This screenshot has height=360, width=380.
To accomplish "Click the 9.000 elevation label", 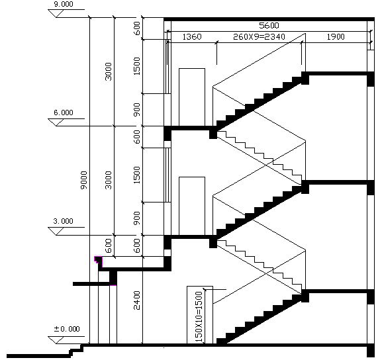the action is coord(64,5).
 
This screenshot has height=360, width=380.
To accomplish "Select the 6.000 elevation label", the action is coord(64,112).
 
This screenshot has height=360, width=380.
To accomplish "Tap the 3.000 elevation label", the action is coord(64,221).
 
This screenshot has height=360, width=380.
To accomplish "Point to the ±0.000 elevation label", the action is coord(67,329).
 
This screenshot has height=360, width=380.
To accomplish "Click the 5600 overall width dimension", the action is coord(269,25).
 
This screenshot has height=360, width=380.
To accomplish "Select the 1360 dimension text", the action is coord(192,37).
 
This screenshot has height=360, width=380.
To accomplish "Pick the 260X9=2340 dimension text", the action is coord(259,37).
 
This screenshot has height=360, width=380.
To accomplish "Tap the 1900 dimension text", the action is coord(336,37).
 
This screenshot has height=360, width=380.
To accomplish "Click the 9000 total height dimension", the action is coord(84,180).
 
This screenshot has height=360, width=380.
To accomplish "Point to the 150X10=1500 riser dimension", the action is coord(199,316).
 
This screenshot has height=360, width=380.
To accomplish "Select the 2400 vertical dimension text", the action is coord(137,300).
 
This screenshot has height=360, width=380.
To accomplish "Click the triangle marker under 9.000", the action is coord(56,13).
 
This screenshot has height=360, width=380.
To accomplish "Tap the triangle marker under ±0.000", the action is coord(56,340).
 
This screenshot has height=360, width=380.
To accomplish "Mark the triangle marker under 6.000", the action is coord(56,122).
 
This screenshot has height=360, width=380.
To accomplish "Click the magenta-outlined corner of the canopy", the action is coord(98,259).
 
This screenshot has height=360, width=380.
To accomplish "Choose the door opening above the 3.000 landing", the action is coord(192,206).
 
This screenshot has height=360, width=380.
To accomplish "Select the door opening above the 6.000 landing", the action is coord(192,97).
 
